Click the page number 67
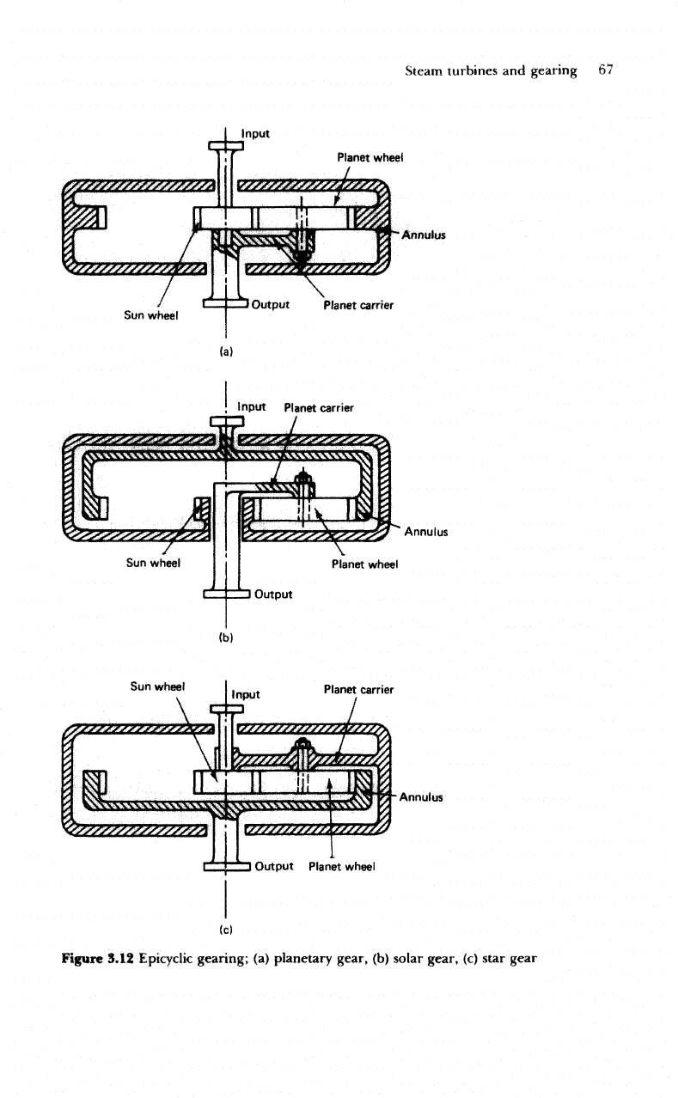coord(606,70)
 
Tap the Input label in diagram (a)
coord(255,134)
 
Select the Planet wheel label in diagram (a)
coord(370,157)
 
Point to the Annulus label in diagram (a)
coord(424,235)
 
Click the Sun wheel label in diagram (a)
coord(151,315)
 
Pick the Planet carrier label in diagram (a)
coord(358,305)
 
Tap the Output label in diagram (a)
coord(271,304)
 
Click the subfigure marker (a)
coord(226,351)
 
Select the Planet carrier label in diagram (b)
coord(319,408)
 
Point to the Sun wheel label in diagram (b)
coord(154,563)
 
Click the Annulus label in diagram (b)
coord(426,532)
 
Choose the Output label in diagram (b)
coord(273,594)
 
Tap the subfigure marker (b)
coord(225,637)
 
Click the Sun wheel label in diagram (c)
coord(157,686)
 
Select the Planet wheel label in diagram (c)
coord(342,866)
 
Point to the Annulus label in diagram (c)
coord(421,797)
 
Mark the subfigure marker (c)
coord(225,930)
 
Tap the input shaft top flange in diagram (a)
coord(226,145)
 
